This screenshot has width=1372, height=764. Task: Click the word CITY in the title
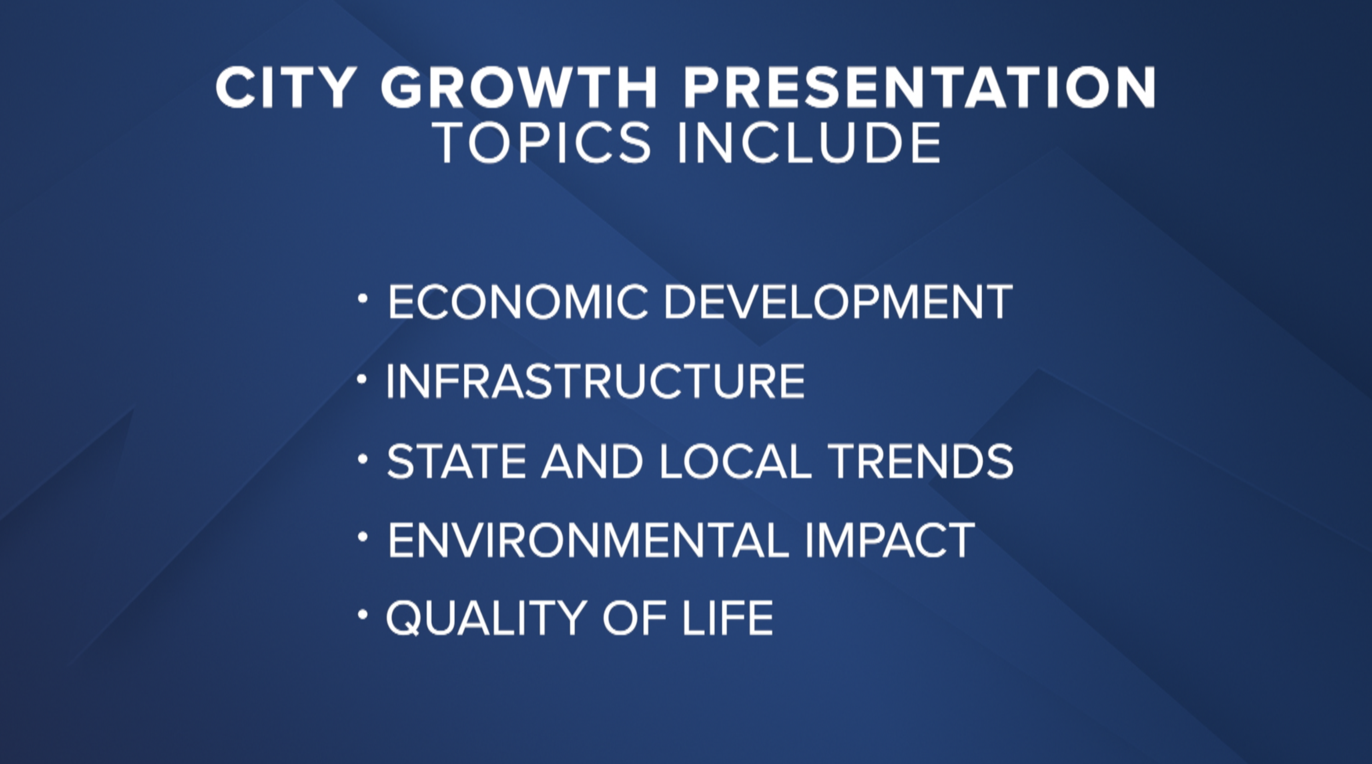point(285,88)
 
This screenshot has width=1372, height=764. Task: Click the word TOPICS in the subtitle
point(542,143)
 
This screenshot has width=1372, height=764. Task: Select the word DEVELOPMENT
point(838,302)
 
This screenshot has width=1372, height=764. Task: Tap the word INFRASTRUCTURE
point(595,381)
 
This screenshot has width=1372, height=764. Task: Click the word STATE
point(456,461)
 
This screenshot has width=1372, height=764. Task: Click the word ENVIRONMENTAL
point(588,540)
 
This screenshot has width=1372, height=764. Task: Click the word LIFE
point(728,618)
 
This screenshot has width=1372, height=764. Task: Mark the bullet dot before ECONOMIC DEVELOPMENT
point(363,299)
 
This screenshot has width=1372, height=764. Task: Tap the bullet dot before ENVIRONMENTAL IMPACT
point(363,537)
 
